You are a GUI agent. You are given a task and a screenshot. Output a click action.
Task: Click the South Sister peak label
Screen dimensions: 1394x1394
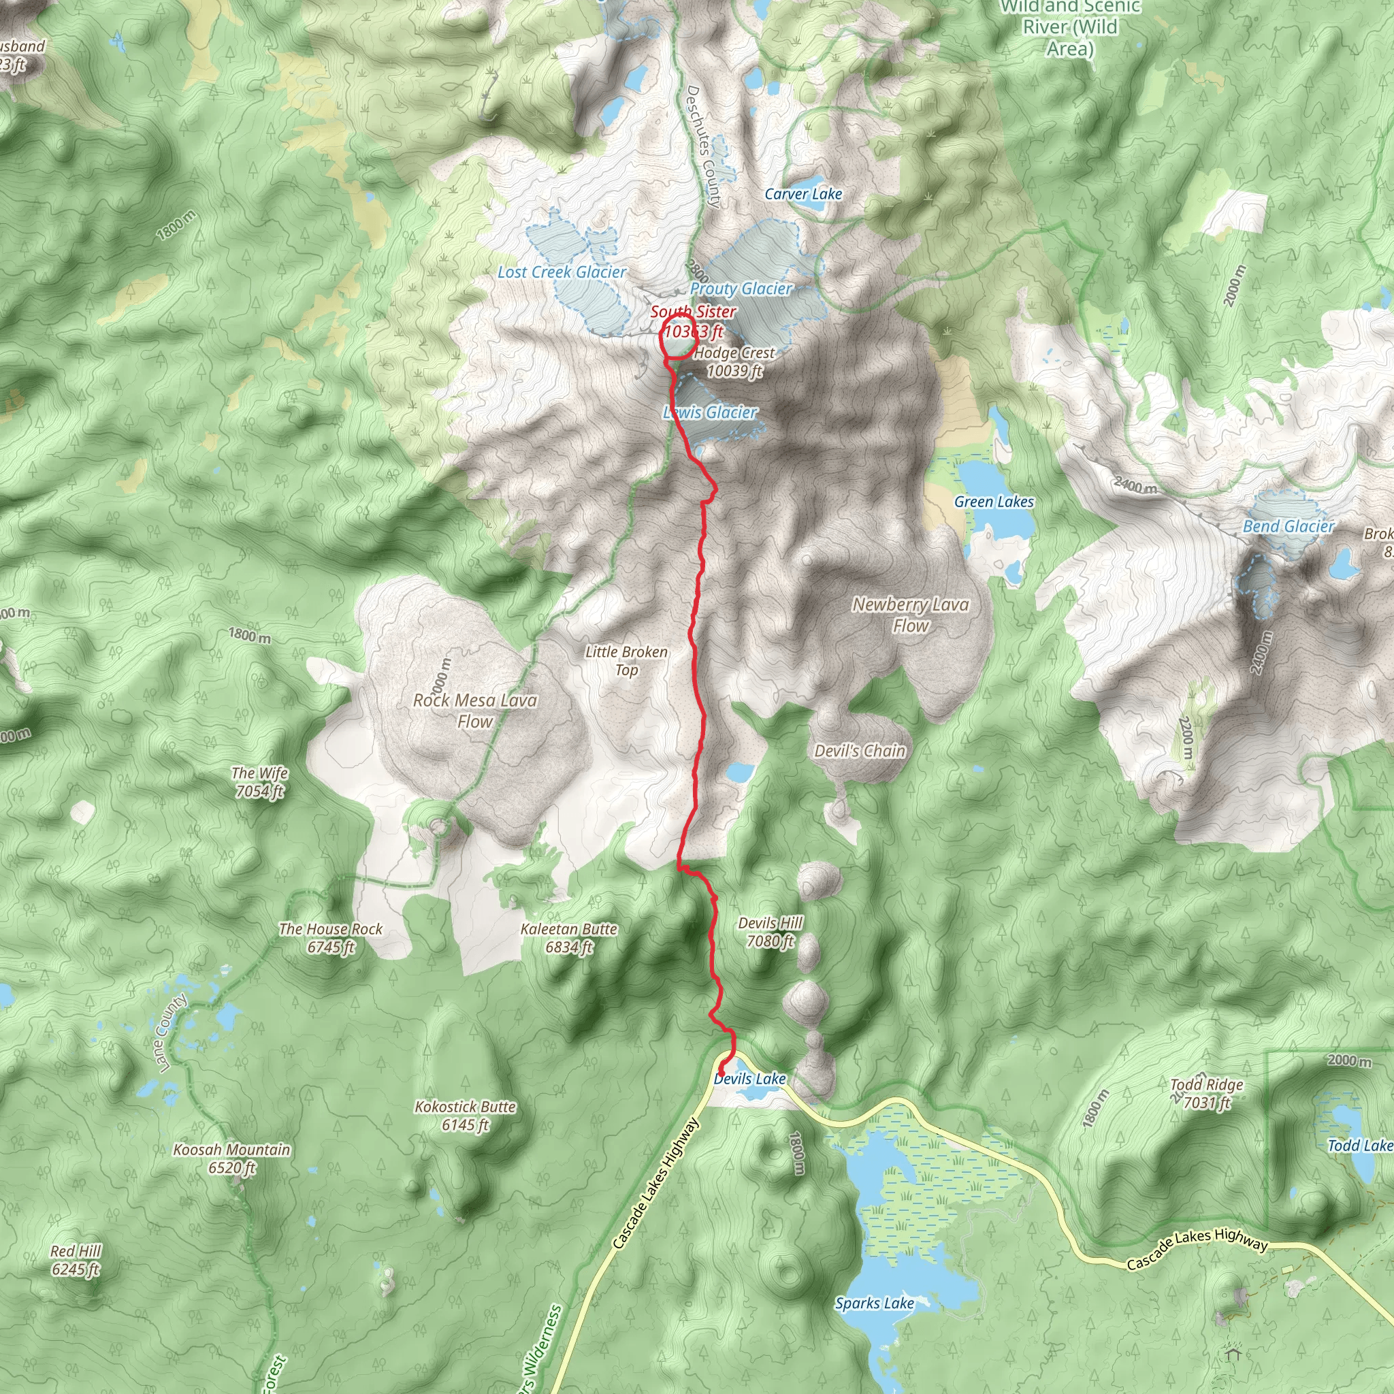point(693,321)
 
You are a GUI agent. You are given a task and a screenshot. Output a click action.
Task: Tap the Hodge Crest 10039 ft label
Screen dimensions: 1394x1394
point(734,361)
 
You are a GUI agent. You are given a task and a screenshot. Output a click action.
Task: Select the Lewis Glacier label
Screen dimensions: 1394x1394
point(711,412)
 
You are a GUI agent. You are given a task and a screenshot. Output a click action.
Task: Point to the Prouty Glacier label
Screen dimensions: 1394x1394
point(741,289)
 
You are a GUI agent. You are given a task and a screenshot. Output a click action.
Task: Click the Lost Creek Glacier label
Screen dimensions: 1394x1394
point(562,272)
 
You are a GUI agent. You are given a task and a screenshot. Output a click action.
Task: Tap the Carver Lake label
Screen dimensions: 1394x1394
point(803,194)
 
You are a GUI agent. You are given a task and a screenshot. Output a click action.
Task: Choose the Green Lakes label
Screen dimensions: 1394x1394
point(994,502)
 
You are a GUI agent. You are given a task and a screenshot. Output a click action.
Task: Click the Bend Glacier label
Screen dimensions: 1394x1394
point(1288,526)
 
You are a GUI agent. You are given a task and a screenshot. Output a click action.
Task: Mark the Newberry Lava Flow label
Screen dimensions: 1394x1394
point(910,615)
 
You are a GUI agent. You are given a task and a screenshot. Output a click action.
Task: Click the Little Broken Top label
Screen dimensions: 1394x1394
point(626,660)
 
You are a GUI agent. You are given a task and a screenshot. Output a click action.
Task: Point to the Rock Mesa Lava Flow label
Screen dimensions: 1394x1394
point(475,710)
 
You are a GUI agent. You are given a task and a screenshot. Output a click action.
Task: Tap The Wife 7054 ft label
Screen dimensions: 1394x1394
point(260,781)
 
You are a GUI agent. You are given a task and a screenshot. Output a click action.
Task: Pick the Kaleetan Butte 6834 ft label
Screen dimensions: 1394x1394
point(568,937)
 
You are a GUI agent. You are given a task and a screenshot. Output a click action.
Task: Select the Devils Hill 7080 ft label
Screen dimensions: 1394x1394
point(770,932)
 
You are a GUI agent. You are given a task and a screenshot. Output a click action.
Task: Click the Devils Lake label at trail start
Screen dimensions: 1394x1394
point(749,1079)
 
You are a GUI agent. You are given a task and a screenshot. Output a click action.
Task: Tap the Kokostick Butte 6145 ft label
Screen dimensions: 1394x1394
point(466,1116)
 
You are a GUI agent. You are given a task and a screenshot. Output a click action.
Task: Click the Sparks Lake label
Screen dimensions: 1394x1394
point(875,1303)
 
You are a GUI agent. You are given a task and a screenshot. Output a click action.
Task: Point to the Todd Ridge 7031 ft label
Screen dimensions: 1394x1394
point(1206,1093)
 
